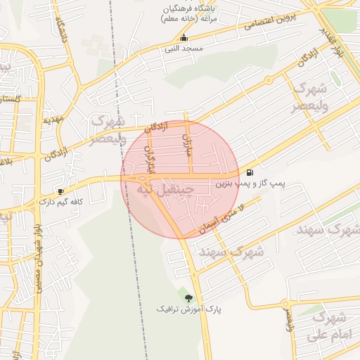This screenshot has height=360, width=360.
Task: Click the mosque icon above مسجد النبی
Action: pyautogui.click(x=184, y=38)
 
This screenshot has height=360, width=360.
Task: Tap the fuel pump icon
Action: pyautogui.click(x=250, y=172)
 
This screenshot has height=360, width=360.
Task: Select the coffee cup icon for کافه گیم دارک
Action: pyautogui.click(x=61, y=191)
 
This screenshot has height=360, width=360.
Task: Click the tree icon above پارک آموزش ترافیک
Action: pyautogui.click(x=188, y=298)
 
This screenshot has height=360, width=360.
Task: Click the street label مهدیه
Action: pyautogui.click(x=53, y=120)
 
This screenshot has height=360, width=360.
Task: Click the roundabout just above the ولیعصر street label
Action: pyautogui.click(x=285, y=304)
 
